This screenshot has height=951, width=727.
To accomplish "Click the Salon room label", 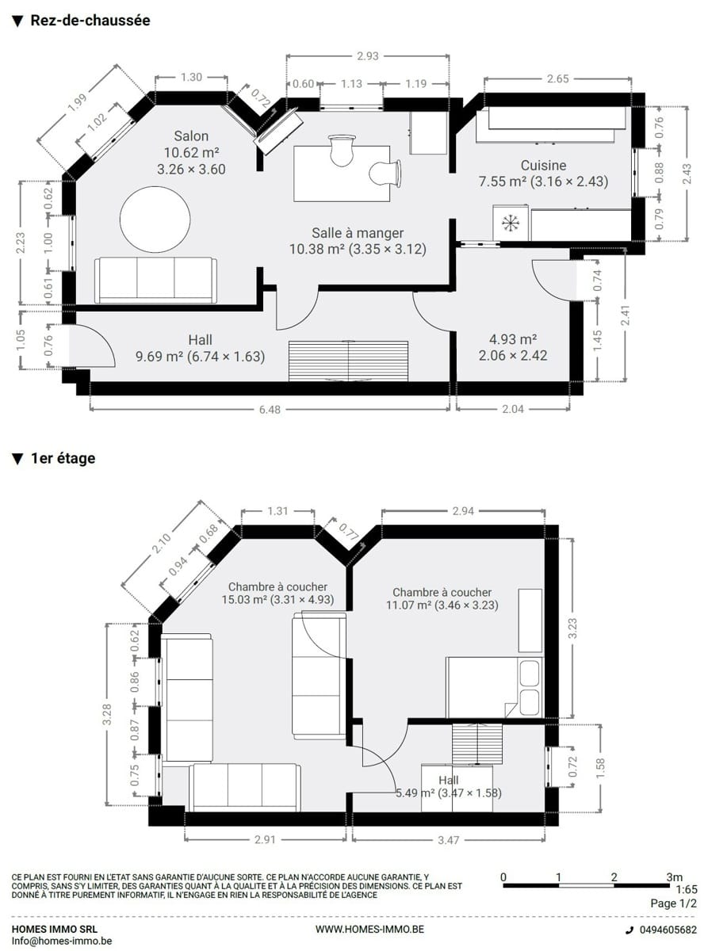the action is (191, 136).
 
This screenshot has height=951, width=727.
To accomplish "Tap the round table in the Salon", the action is (155, 220).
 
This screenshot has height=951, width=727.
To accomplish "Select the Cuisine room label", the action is (543, 165).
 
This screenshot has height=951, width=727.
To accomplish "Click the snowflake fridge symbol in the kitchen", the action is (511, 223).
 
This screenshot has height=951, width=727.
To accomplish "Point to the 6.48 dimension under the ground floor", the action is (270, 410).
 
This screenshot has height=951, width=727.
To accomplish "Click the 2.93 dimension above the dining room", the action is (367, 56).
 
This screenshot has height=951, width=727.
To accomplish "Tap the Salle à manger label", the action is (358, 233).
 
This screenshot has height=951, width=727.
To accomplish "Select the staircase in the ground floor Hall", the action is (348, 361).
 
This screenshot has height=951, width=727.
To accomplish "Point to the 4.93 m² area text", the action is (513, 339).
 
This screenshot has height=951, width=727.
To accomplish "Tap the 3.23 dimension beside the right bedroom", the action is (572, 628).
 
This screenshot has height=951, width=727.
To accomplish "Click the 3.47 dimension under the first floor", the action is (448, 841).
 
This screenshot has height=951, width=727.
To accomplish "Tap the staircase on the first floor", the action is (477, 743).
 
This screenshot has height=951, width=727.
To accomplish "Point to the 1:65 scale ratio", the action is (687, 889).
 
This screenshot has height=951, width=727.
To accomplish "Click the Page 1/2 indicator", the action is (674, 903).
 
